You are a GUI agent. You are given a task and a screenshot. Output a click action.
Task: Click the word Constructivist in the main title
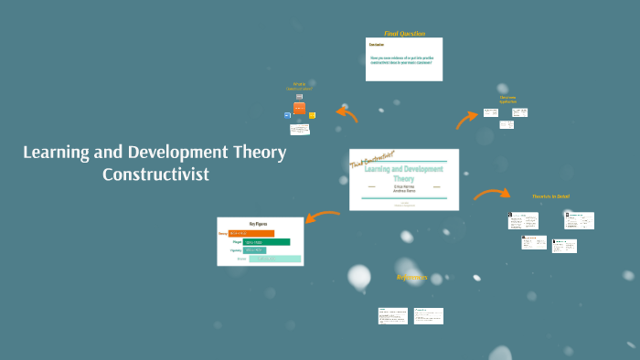pyautogui.click(x=155, y=174)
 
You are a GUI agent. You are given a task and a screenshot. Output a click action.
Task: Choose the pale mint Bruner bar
pyautogui.click(x=275, y=259)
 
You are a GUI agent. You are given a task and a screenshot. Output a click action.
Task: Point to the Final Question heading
pyautogui.click(x=404, y=33)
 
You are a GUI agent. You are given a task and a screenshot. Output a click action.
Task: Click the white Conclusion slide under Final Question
pyautogui.click(x=404, y=59)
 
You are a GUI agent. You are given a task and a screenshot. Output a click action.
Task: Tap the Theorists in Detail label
pyautogui.click(x=550, y=196)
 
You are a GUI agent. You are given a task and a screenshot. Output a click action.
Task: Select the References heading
pyautogui.click(x=411, y=277)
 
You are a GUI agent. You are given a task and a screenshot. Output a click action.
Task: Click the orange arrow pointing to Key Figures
pyautogui.click(x=322, y=217)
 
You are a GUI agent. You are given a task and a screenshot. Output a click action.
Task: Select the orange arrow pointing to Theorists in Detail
pyautogui.click(x=492, y=194)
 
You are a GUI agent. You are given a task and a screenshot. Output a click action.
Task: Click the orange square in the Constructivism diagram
pyautogui.click(x=299, y=108)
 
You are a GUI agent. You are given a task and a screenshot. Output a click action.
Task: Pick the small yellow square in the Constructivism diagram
pyautogui.click(x=312, y=115)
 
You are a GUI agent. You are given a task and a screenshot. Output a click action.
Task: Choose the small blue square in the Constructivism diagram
pyautogui.click(x=287, y=116)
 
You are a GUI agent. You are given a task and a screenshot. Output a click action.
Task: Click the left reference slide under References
pyautogui.click(x=393, y=315)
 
